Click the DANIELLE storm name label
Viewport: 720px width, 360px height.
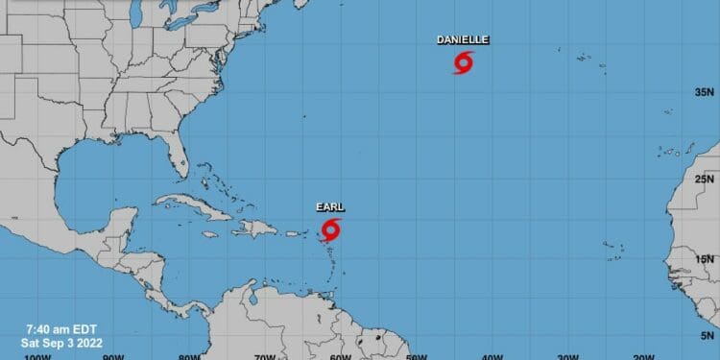463,39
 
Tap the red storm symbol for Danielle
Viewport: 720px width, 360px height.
463,64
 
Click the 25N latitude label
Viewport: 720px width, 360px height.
706,179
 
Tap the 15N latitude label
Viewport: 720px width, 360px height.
706,258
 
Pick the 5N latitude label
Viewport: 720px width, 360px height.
708,336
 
